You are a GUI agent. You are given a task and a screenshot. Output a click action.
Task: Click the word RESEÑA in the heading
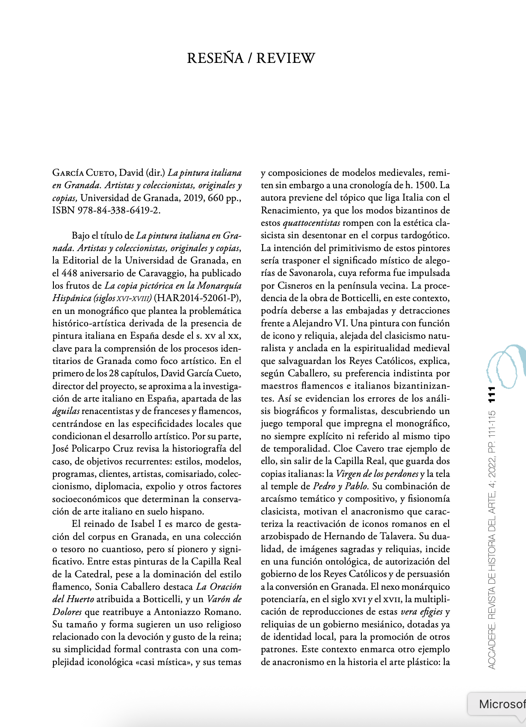tap(215, 58)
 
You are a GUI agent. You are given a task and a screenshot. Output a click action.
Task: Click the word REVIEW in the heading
tap(286, 58)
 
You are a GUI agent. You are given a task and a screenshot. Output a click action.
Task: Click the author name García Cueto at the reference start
tap(83, 173)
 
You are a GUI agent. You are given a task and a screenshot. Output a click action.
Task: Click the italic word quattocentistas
tap(311, 223)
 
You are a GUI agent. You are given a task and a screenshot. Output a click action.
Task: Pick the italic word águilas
tap(66, 411)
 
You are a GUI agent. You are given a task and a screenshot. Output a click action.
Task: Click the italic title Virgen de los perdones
tap(377, 474)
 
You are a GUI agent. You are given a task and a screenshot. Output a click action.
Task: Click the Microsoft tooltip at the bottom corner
tap(500, 704)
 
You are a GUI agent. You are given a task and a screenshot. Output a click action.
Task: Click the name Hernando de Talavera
tap(372, 537)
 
